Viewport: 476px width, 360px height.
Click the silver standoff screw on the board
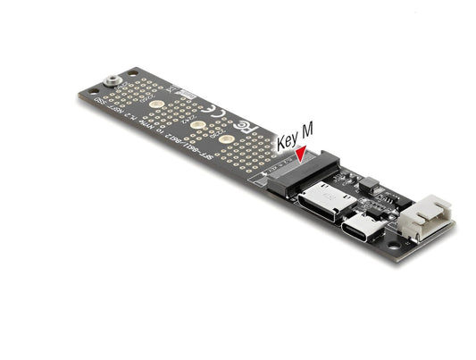[x=112, y=80]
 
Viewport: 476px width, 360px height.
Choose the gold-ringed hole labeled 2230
[x=224, y=139]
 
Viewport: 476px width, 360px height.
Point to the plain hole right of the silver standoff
[x=132, y=72]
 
